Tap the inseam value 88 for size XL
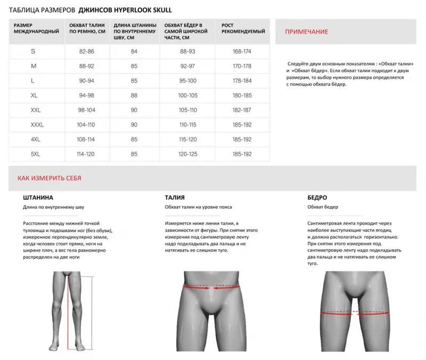click(x=134, y=95)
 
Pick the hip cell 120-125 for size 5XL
click(x=188, y=154)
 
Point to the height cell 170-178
click(x=242, y=66)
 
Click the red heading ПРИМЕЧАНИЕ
click(x=306, y=32)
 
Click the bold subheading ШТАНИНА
click(x=38, y=198)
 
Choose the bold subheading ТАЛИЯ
click(x=175, y=198)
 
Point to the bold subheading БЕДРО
click(x=317, y=198)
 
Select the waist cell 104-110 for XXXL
click(x=86, y=125)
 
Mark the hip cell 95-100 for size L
click(x=188, y=81)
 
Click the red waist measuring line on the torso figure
click(x=211, y=287)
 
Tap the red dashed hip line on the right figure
click(x=354, y=313)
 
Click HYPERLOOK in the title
click(x=130, y=10)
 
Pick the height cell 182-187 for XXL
click(x=242, y=110)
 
